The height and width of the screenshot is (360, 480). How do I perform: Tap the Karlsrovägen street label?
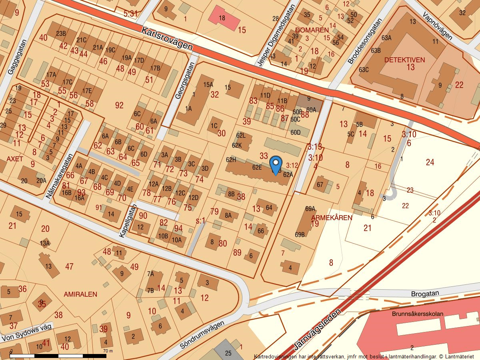(x=167, y=39)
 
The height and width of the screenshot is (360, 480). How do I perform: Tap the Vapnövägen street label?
(x=438, y=25)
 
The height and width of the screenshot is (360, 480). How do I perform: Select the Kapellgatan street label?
(x=128, y=221)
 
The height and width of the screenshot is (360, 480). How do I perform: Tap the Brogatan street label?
(x=425, y=293)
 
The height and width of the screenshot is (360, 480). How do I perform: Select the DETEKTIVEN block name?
(x=404, y=60)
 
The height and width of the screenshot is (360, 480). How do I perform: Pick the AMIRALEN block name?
(x=80, y=294)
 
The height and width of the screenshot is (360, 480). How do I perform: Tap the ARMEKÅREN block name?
(x=332, y=218)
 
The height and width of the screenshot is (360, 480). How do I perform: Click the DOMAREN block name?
(x=312, y=30)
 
